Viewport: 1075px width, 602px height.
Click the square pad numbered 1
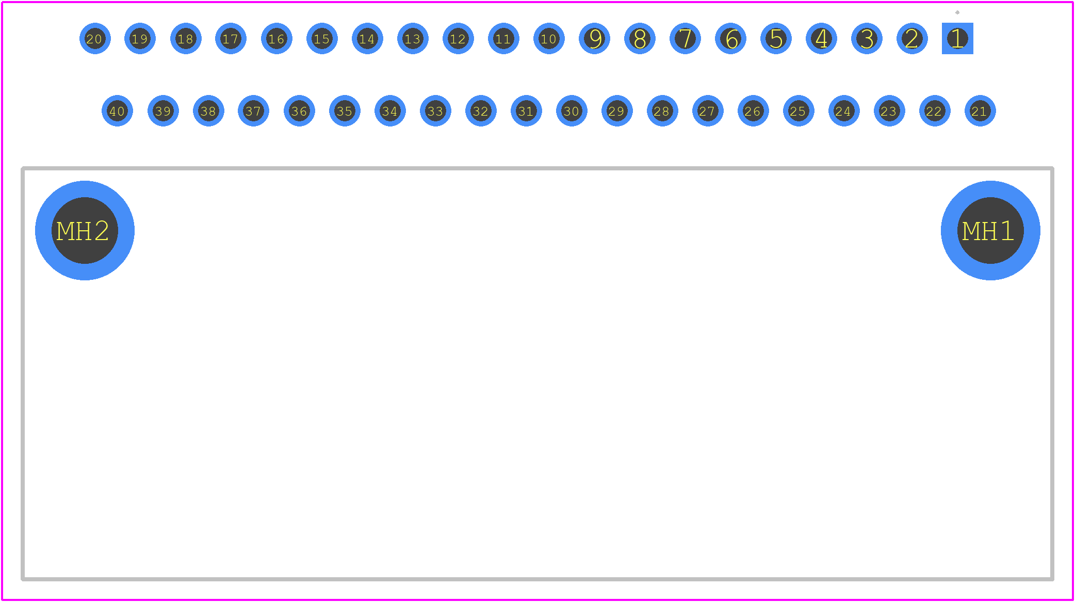[957, 38]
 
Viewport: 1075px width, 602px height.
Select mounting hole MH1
[990, 230]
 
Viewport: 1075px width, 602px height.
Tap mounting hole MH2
[85, 230]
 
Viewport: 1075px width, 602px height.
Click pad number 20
[95, 38]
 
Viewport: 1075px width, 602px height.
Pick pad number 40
[117, 110]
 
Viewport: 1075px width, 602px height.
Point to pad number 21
[980, 110]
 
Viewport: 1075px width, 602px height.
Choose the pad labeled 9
[594, 38]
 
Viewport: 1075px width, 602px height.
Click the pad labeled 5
[776, 38]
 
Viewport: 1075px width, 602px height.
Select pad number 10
[549, 38]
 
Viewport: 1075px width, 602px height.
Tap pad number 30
[572, 110]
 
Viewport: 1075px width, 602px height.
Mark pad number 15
[322, 38]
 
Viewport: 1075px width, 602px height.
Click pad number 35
[345, 110]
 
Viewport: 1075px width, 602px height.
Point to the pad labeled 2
[912, 38]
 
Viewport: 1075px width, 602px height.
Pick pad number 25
[799, 110]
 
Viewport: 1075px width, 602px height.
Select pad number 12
[458, 38]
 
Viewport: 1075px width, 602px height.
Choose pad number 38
[208, 110]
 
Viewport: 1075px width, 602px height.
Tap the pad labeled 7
[685, 38]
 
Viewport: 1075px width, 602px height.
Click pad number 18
[186, 38]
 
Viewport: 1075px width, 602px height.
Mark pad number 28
[662, 110]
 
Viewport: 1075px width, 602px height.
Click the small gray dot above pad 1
[957, 12]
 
